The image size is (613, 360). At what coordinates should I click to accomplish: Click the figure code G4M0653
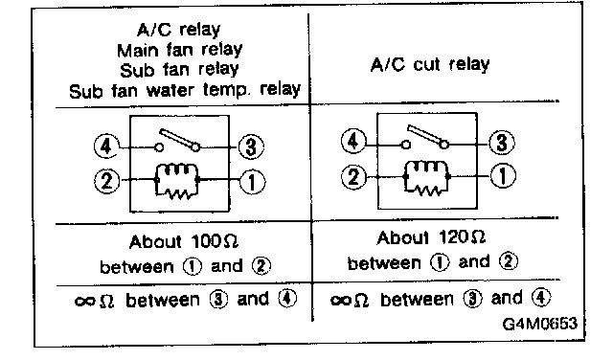pyautogui.click(x=539, y=324)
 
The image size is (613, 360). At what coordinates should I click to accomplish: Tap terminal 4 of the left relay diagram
pyautogui.click(x=106, y=146)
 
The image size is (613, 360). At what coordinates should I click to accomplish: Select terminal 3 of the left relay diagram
pyautogui.click(x=251, y=146)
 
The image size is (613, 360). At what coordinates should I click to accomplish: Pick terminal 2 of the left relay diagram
pyautogui.click(x=106, y=181)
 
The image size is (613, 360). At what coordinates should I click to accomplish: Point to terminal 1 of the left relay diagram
pyautogui.click(x=252, y=182)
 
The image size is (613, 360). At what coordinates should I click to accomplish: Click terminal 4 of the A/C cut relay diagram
pyautogui.click(x=353, y=141)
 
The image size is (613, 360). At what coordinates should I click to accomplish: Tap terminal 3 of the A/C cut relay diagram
pyautogui.click(x=502, y=143)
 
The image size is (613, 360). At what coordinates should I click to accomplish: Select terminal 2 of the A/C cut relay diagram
pyautogui.click(x=353, y=177)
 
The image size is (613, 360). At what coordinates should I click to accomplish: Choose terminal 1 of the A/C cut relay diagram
pyautogui.click(x=503, y=175)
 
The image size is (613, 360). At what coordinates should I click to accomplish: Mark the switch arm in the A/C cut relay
pyautogui.click(x=427, y=136)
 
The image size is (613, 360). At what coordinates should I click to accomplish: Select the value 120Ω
pyautogui.click(x=462, y=237)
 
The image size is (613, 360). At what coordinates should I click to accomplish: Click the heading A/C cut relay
pyautogui.click(x=430, y=64)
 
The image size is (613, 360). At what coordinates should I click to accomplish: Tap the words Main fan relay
pyautogui.click(x=179, y=50)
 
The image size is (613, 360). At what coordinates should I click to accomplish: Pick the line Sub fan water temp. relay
pyautogui.click(x=185, y=90)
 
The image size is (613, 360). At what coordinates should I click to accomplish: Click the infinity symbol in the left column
pyautogui.click(x=85, y=301)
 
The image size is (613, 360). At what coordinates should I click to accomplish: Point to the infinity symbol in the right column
pyautogui.click(x=340, y=301)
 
